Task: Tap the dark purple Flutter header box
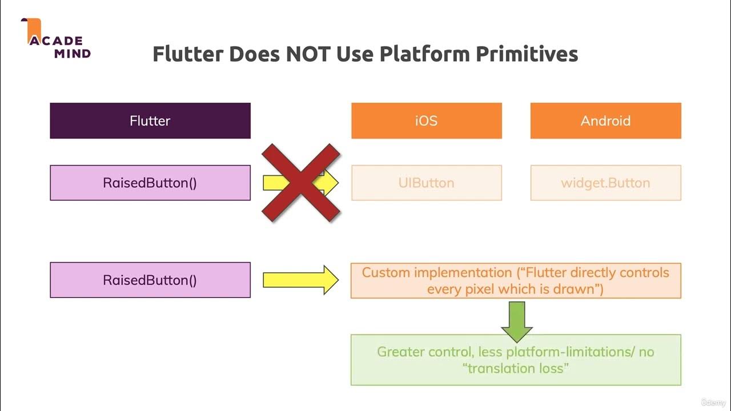(x=150, y=120)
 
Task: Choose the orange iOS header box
(x=426, y=120)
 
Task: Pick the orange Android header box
(x=605, y=120)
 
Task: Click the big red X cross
(x=301, y=183)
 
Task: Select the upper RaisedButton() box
(x=150, y=183)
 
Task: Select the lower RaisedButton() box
(x=150, y=280)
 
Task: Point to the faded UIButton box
(x=426, y=183)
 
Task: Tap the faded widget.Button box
(x=605, y=183)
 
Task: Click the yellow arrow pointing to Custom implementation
(x=300, y=280)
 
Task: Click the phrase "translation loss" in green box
(x=516, y=368)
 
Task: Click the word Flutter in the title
(x=188, y=54)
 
